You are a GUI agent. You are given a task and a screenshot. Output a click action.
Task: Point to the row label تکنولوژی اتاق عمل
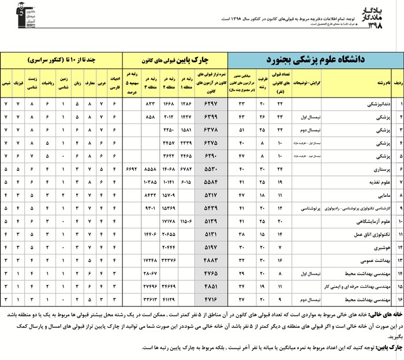click(x=369, y=234)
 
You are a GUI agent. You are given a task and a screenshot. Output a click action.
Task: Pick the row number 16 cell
click(x=397, y=299)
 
